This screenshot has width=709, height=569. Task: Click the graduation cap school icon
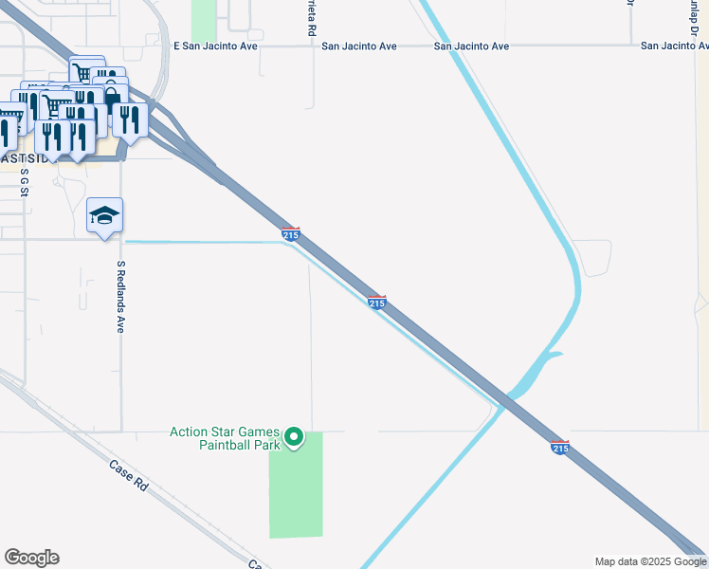pyautogui.click(x=104, y=216)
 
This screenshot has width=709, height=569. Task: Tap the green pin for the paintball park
pyautogui.click(x=294, y=437)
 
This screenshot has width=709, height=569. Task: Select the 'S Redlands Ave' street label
pyautogui.click(x=120, y=297)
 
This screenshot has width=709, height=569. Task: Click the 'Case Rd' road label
pyautogui.click(x=128, y=475)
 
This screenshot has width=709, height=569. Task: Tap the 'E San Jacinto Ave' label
pyautogui.click(x=217, y=46)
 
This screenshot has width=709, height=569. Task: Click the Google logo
pyautogui.click(x=31, y=558)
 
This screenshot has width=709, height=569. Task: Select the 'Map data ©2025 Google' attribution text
pyautogui.click(x=650, y=561)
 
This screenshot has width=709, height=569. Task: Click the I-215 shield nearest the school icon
pyautogui.click(x=291, y=233)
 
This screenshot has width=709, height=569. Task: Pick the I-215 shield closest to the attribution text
pyautogui.click(x=560, y=447)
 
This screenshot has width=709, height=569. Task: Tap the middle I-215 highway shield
pyautogui.click(x=376, y=302)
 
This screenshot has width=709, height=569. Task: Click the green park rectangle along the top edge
pyautogui.click(x=204, y=19)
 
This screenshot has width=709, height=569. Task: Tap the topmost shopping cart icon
pyautogui.click(x=82, y=71)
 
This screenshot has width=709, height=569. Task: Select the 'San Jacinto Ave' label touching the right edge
pyautogui.click(x=674, y=46)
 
